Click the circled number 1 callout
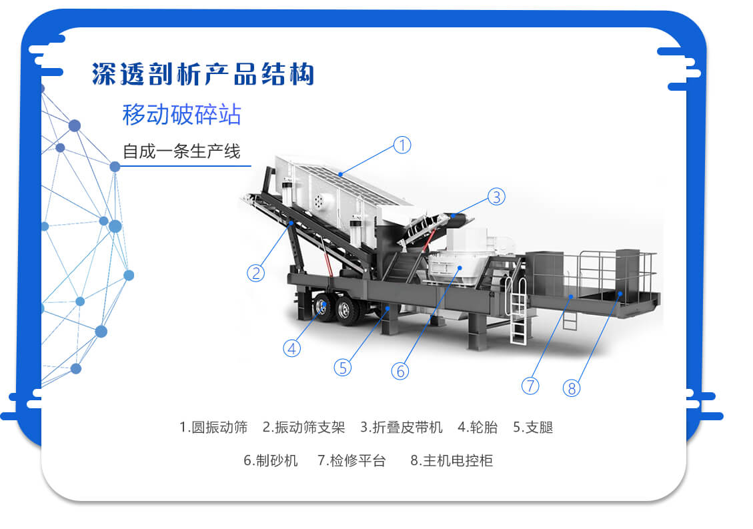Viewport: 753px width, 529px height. pyautogui.click(x=402, y=145)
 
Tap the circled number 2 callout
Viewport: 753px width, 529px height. pyautogui.click(x=255, y=272)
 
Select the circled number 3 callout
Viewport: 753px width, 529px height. pyautogui.click(x=496, y=197)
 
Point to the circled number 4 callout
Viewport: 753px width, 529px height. pyautogui.click(x=291, y=348)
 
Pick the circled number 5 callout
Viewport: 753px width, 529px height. pyautogui.click(x=343, y=367)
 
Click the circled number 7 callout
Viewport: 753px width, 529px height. pyautogui.click(x=530, y=385)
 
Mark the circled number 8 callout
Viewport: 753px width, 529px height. pyautogui.click(x=572, y=388)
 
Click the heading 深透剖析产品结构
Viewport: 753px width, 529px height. pyautogui.click(x=203, y=74)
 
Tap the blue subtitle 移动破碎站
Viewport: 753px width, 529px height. pyautogui.click(x=181, y=115)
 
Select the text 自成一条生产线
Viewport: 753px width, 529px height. pyautogui.click(x=181, y=151)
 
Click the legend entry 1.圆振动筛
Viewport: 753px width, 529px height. pyautogui.click(x=213, y=427)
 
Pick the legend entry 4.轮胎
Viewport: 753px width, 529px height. pyautogui.click(x=478, y=427)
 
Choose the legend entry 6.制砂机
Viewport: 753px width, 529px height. pyautogui.click(x=271, y=460)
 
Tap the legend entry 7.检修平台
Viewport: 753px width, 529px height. pyautogui.click(x=351, y=460)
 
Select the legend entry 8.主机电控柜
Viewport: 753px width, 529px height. pyautogui.click(x=452, y=460)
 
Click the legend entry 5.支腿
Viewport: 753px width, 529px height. pyautogui.click(x=533, y=427)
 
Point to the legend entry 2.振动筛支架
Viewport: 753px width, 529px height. pyautogui.click(x=304, y=427)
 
